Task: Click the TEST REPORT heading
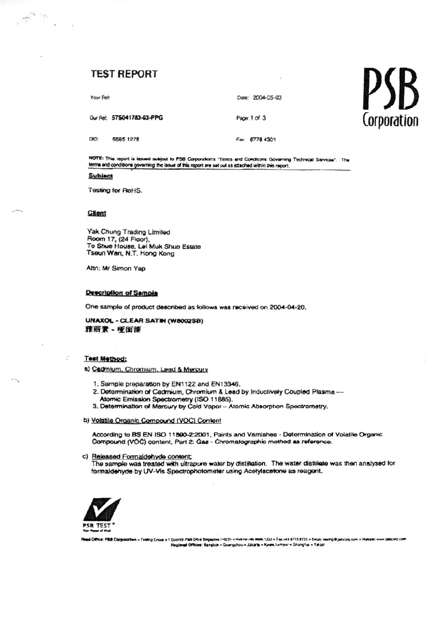click(x=124, y=74)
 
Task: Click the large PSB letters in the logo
click(x=390, y=90)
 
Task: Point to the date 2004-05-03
click(x=267, y=97)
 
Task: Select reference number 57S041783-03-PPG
click(x=137, y=118)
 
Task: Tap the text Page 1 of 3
click(x=251, y=118)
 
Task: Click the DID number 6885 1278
click(x=126, y=139)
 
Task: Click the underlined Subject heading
click(x=100, y=176)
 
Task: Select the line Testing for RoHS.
click(x=115, y=190)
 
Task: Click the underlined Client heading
click(x=96, y=213)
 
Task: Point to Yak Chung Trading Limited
click(x=129, y=232)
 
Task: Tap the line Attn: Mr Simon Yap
click(x=116, y=268)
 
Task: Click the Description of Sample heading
click(x=122, y=293)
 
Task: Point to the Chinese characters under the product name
click(x=113, y=330)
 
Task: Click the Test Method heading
click(x=105, y=359)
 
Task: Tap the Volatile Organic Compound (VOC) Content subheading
click(x=156, y=420)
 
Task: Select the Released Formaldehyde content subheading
click(x=141, y=456)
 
